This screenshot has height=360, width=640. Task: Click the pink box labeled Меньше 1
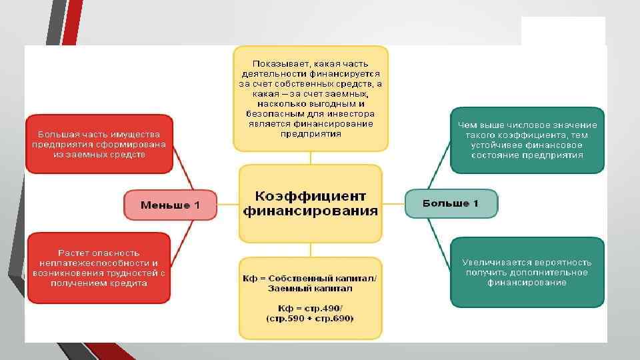[x=171, y=205]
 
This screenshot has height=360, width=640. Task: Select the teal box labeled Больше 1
[x=451, y=203]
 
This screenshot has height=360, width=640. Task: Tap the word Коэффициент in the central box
[x=311, y=196]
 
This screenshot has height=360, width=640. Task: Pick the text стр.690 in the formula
[x=336, y=319]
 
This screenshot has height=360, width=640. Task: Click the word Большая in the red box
[x=56, y=134]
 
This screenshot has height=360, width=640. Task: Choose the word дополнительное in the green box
[x=556, y=272]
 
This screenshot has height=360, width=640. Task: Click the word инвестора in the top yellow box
[x=333, y=114]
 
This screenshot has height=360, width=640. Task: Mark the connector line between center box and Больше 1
[x=394, y=203]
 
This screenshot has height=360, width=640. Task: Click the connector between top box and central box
[x=311, y=159]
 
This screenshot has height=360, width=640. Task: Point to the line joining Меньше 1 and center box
[x=228, y=205]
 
